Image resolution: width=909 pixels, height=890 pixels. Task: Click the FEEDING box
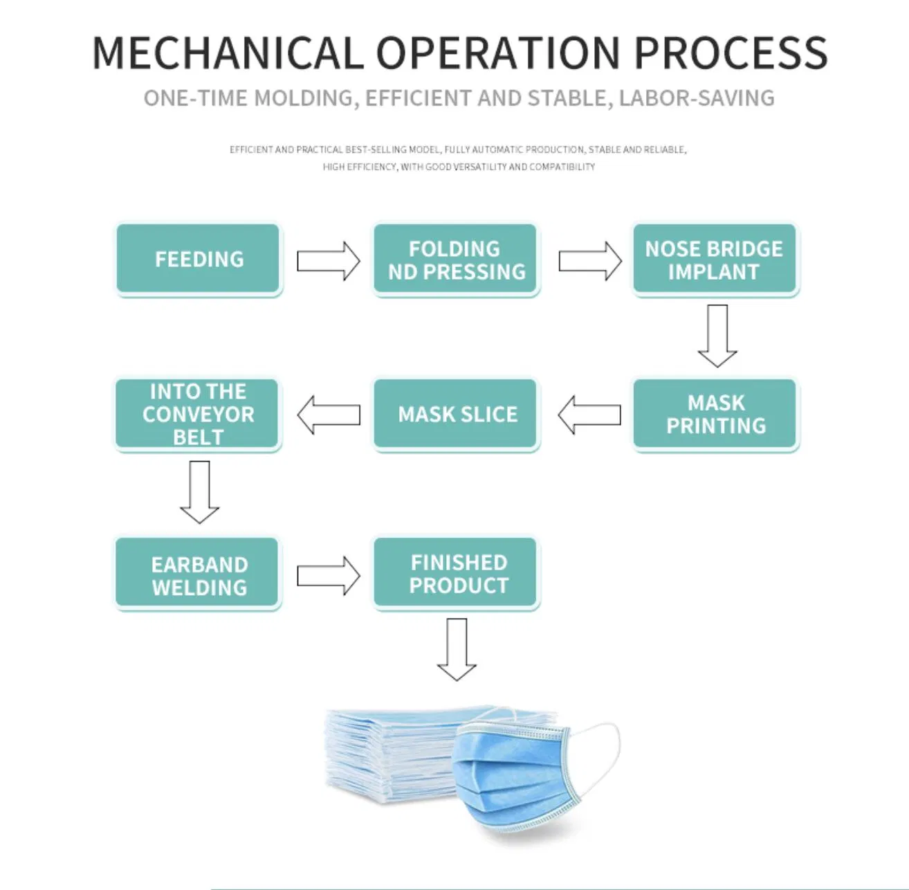point(198,259)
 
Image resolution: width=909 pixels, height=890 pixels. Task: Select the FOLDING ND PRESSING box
point(455,259)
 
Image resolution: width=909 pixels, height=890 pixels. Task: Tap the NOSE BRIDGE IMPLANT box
point(715,259)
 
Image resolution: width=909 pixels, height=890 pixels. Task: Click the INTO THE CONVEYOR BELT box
point(198,414)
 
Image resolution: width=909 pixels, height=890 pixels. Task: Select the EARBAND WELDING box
point(198,574)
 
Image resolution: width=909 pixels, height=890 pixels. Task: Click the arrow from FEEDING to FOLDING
point(328,261)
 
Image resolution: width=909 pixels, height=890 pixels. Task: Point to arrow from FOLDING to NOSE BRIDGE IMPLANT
point(589,261)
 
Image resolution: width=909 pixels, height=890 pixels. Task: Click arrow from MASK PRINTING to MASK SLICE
point(589,415)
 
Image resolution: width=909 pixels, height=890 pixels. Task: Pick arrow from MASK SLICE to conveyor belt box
point(329,415)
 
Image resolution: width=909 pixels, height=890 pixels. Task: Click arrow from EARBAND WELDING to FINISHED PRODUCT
point(328,575)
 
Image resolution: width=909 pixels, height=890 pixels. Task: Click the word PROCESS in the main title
point(731,53)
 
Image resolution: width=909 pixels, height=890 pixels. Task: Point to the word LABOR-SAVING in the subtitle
point(696,98)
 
